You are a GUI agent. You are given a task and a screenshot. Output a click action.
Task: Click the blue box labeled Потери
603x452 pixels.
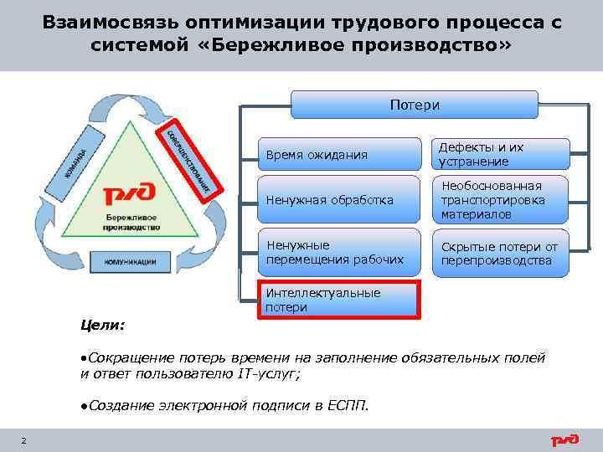414,105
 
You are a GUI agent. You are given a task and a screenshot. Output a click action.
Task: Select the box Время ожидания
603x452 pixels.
338,155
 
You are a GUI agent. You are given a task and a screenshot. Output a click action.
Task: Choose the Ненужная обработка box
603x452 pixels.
338,200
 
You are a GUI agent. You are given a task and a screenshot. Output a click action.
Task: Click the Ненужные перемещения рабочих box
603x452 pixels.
338,252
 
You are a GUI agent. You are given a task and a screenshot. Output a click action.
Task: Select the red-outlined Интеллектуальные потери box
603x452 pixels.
338,300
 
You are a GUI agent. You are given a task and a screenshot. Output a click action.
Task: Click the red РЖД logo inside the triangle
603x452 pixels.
127,196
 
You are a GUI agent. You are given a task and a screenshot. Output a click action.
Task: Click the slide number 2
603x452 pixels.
23,441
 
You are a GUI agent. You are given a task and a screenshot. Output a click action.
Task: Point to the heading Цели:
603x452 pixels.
102,324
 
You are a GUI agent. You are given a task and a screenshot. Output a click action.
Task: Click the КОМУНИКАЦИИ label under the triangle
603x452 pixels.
130,262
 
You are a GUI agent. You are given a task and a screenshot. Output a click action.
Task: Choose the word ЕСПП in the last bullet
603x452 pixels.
346,407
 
